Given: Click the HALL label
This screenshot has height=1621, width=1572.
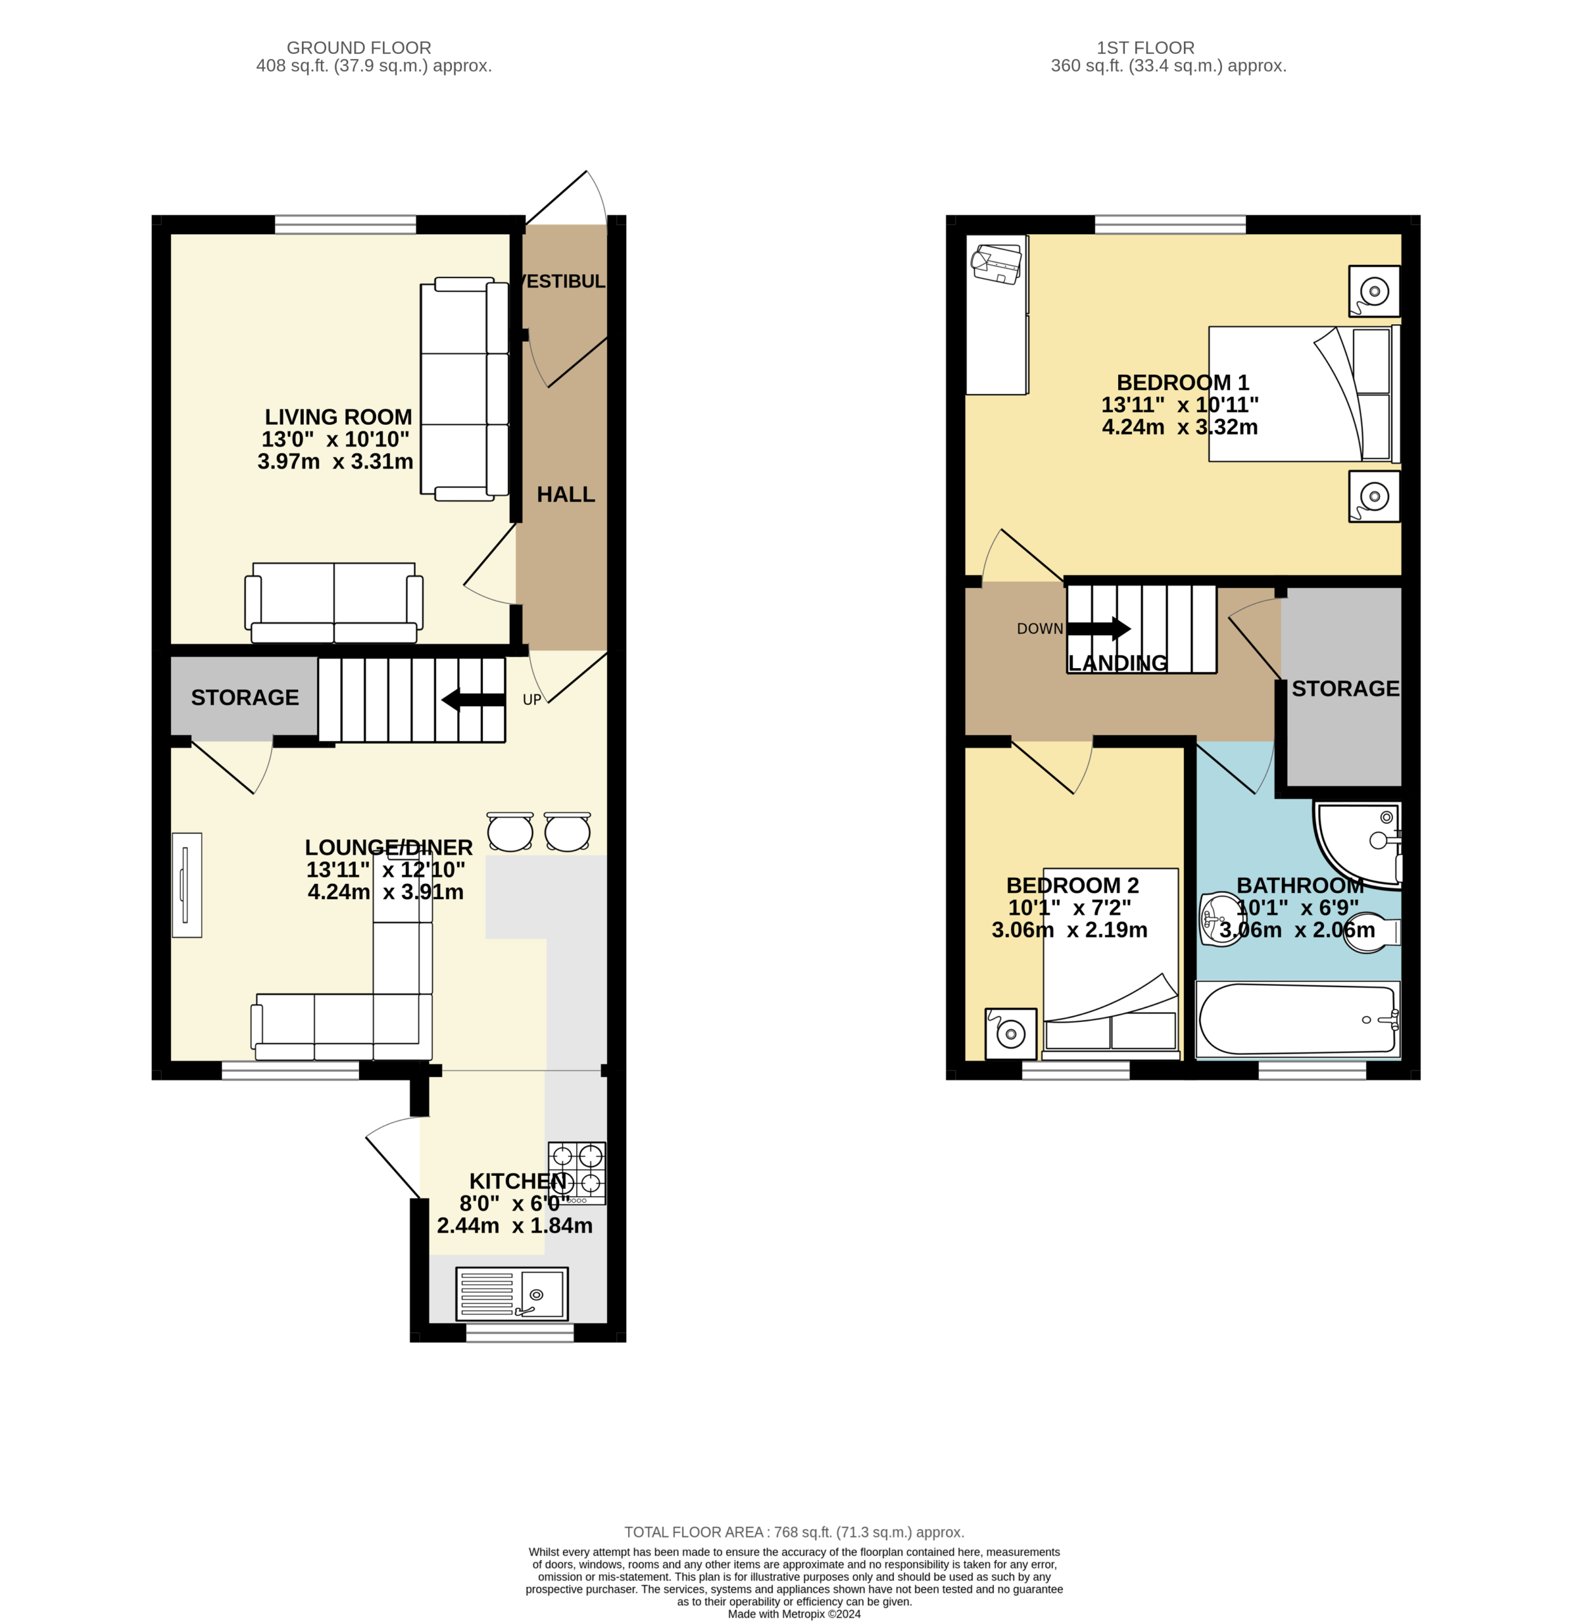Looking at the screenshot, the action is (565, 495).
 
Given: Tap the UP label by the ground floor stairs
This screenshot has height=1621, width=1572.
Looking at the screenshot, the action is (532, 700).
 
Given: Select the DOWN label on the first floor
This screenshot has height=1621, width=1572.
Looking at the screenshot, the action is (1040, 629).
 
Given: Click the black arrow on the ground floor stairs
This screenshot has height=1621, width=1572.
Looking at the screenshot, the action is (473, 700).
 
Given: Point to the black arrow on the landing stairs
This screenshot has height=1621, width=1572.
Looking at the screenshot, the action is (1099, 629).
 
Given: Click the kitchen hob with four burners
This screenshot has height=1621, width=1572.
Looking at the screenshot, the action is (576, 1173).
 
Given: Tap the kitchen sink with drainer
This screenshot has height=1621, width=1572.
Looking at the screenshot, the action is (512, 1294).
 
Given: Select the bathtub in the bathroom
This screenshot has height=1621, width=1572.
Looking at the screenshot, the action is (1297, 1019).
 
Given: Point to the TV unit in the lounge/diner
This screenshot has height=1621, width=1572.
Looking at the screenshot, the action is (187, 885).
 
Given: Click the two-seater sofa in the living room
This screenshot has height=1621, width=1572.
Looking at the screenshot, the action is (334, 603).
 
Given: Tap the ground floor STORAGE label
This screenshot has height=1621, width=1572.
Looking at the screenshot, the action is (245, 698).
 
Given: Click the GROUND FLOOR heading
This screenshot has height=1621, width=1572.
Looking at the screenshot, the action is (359, 48).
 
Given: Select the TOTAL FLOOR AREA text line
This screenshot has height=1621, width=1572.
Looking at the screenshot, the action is (794, 1532).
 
